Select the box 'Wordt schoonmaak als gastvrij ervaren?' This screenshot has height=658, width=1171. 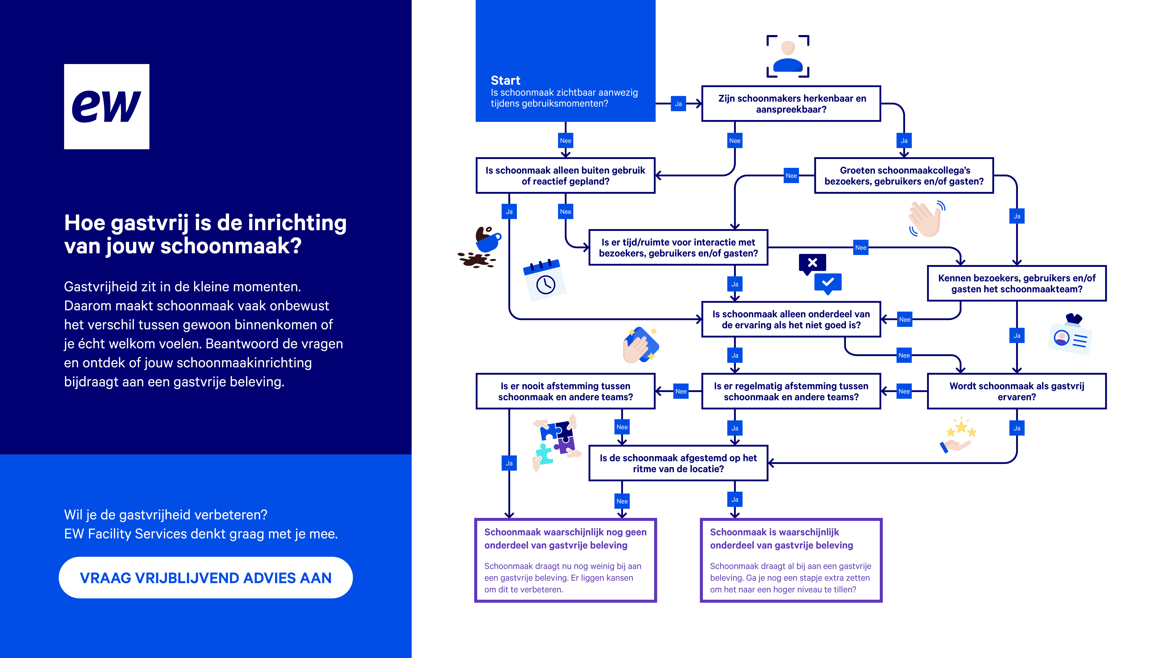[1016, 391]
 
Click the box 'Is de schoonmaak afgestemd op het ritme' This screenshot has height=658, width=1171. [678, 463]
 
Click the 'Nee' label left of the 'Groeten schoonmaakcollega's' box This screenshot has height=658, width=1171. [791, 176]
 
